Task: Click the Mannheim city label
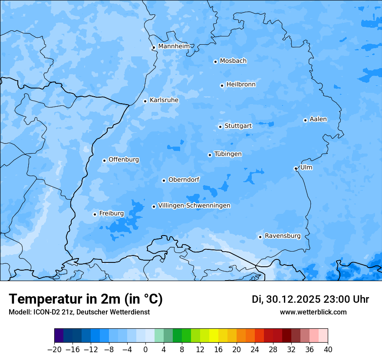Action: pyautogui.click(x=173, y=46)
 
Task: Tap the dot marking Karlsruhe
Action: pyautogui.click(x=145, y=101)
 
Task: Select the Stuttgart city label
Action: pyautogui.click(x=238, y=126)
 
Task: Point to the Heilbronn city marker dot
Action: pyautogui.click(x=222, y=85)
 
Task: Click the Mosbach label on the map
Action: pyautogui.click(x=233, y=61)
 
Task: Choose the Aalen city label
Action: pyautogui.click(x=318, y=119)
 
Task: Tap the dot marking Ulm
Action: pyautogui.click(x=296, y=168)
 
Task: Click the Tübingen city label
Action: pyautogui.click(x=228, y=154)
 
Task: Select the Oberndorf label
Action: pyautogui.click(x=184, y=180)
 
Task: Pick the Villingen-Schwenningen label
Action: pyautogui.click(x=194, y=206)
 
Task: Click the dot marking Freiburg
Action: pyautogui.click(x=95, y=214)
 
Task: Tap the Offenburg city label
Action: pyautogui.click(x=124, y=160)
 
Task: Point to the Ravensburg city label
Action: pyautogui.click(x=283, y=236)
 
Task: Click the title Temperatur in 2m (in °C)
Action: pyautogui.click(x=86, y=299)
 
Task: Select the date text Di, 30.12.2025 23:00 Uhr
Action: pyautogui.click(x=310, y=299)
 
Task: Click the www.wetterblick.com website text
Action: pyautogui.click(x=313, y=312)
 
